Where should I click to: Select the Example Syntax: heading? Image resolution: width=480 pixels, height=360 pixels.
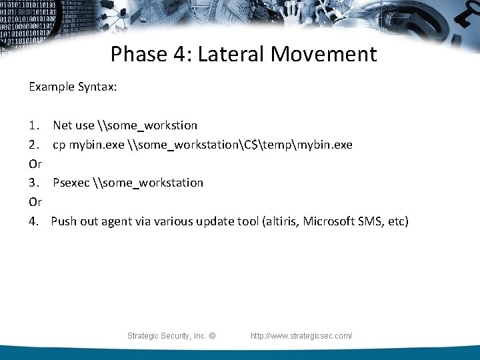(x=73, y=87)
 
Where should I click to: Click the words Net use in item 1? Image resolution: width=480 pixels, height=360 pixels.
(x=73, y=125)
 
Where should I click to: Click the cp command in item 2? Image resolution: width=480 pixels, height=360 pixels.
(x=59, y=145)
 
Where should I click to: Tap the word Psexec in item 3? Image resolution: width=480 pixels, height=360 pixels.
(x=71, y=183)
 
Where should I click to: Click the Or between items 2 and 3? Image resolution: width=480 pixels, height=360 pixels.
(x=35, y=164)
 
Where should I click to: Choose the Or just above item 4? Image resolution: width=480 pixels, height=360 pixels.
(x=35, y=202)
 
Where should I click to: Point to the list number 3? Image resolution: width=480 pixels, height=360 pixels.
(x=33, y=183)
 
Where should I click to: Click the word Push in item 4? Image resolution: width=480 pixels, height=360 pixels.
(x=63, y=221)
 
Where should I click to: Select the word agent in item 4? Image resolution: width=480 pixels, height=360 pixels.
(x=116, y=221)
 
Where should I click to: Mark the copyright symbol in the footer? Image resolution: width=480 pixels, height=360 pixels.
(x=212, y=336)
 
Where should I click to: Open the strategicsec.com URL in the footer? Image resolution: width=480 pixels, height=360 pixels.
(x=301, y=336)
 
